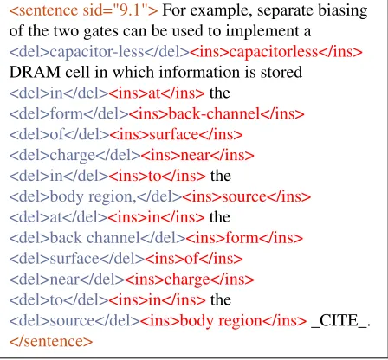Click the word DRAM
pyautogui.click(x=35, y=72)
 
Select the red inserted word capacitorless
pyautogui.click(x=274, y=52)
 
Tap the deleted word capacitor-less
pyautogui.click(x=97, y=52)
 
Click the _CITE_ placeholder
pyautogui.click(x=339, y=321)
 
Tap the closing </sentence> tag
pyautogui.click(x=51, y=342)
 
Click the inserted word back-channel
pyautogui.click(x=214, y=113)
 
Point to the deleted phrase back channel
pyautogui.click(x=94, y=238)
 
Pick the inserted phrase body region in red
pyautogui.click(x=221, y=321)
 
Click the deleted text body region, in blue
pyautogui.click(x=93, y=196)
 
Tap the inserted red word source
pyautogui.click(x=244, y=197)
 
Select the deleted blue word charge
pyautogui.click(x=73, y=156)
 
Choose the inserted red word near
pyautogui.click(x=195, y=156)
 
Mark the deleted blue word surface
pyautogui.click(x=74, y=259)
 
